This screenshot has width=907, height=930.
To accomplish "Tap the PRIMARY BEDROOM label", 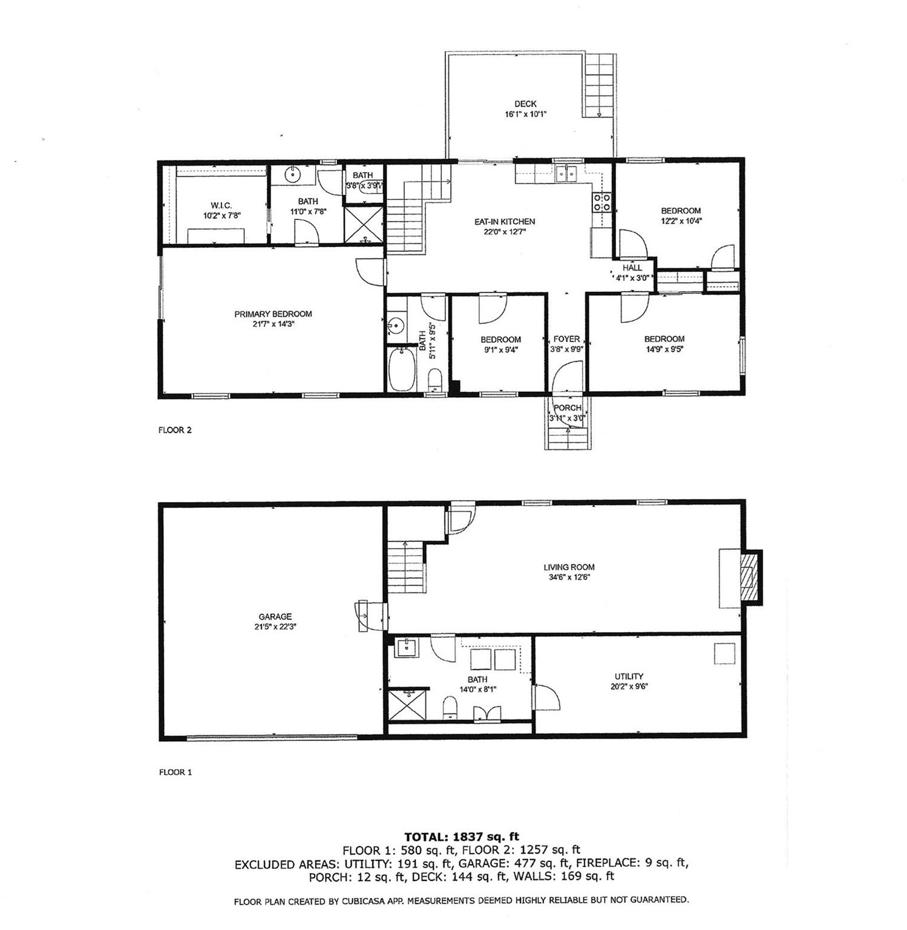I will point(273,314).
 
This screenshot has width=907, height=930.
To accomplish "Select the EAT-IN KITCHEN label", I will point(504,222).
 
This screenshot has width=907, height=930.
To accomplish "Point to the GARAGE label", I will point(275,617).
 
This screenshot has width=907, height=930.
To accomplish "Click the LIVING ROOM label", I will point(569,567).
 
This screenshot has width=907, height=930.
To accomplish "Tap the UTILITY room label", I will point(629,676).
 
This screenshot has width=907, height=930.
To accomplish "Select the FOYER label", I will point(566,339).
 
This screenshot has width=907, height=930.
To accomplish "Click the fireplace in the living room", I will point(750,577).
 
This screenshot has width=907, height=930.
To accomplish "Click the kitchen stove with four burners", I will point(602,202).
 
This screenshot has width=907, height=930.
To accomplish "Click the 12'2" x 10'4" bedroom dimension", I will point(681,221).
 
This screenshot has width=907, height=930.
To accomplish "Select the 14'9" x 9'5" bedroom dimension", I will point(664,349).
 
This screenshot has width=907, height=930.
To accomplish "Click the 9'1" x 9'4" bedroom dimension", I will point(500,349).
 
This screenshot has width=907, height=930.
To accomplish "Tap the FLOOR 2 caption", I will point(175,430).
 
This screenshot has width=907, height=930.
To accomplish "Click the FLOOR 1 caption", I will point(175,772).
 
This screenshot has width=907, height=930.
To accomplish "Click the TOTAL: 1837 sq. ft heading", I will point(462,837).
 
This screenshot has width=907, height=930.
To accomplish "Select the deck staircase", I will point(599,85).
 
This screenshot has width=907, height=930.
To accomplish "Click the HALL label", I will point(632,268).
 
